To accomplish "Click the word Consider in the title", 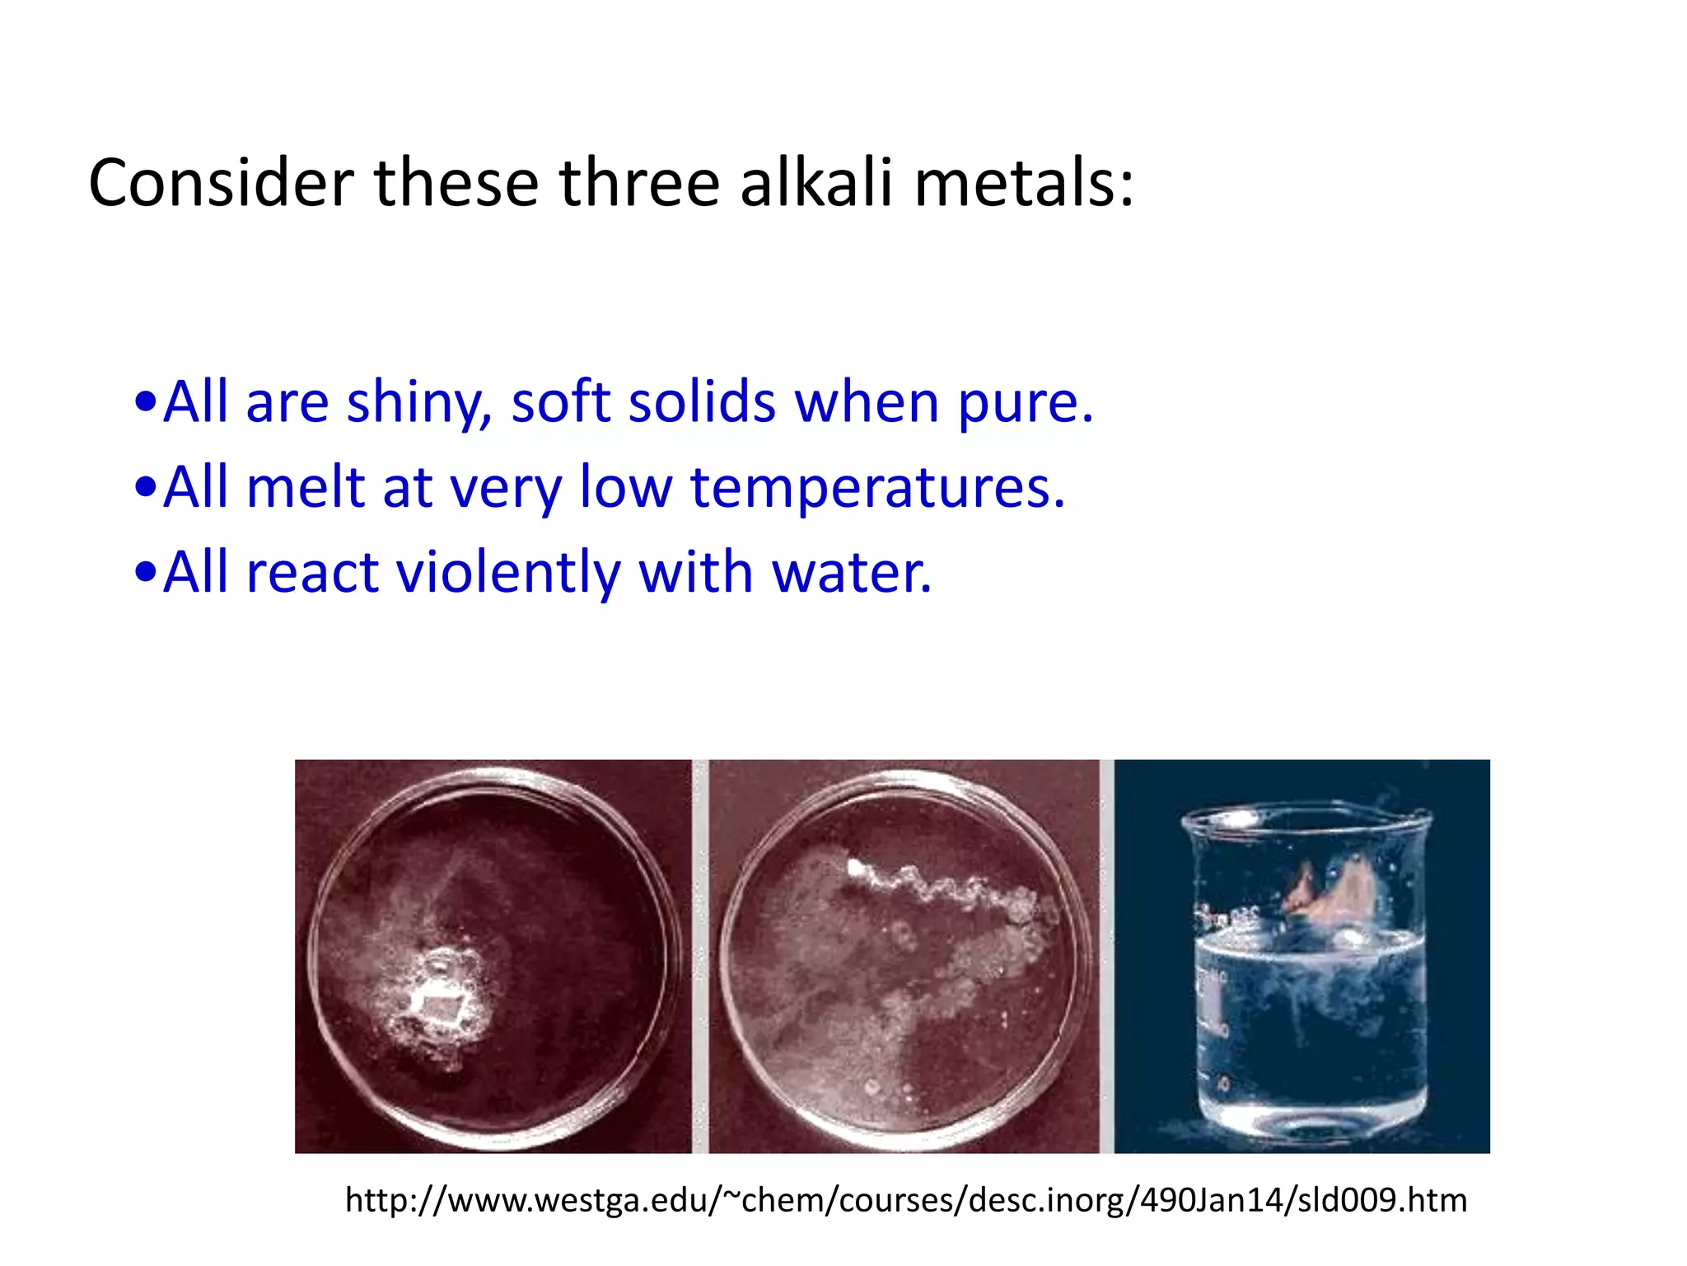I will (x=221, y=183).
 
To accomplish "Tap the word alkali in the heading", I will (x=815, y=183).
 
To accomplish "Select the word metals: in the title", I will (x=1024, y=183).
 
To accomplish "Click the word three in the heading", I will (x=639, y=183).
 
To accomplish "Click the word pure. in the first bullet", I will (x=1026, y=404).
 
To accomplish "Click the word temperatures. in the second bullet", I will (x=877, y=489).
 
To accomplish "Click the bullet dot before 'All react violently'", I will (x=145, y=573).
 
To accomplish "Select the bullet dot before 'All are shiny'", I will (x=145, y=404).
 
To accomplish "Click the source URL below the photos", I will (x=906, y=1200).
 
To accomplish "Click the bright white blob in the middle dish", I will (x=858, y=868).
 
